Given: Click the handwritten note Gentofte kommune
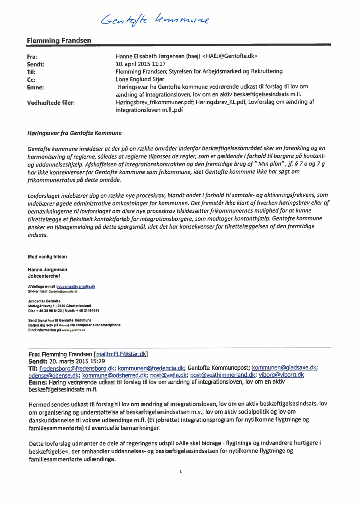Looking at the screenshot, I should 154,19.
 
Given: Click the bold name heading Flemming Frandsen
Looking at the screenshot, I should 59,40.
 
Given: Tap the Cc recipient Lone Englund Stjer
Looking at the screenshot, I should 140,80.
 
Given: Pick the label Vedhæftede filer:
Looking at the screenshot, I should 51,103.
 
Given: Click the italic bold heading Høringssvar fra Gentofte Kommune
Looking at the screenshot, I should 74,133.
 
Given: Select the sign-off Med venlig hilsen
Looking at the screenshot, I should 47,257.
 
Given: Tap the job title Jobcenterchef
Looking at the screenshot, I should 44,276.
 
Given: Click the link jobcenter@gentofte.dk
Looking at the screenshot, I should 76,287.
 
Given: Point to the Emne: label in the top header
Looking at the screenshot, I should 36,87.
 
